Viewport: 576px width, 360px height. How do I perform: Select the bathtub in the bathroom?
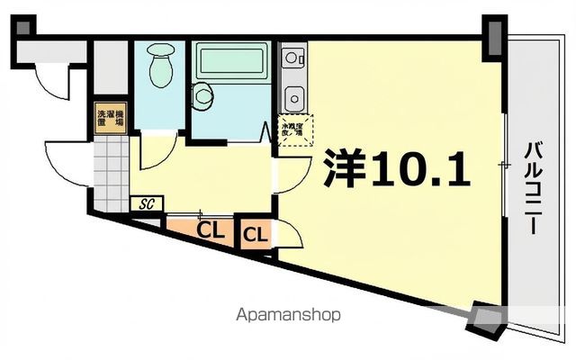point(230,63)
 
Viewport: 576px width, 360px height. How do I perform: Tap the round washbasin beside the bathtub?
point(202,94)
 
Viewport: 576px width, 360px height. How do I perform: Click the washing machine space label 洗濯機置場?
point(112,119)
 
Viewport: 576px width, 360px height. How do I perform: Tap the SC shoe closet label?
point(146,203)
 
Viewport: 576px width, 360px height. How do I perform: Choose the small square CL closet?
point(255,236)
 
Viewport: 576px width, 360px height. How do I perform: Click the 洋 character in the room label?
point(343,168)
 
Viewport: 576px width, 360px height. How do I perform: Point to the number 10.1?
point(418,168)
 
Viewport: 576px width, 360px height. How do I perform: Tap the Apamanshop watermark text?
point(287,316)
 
